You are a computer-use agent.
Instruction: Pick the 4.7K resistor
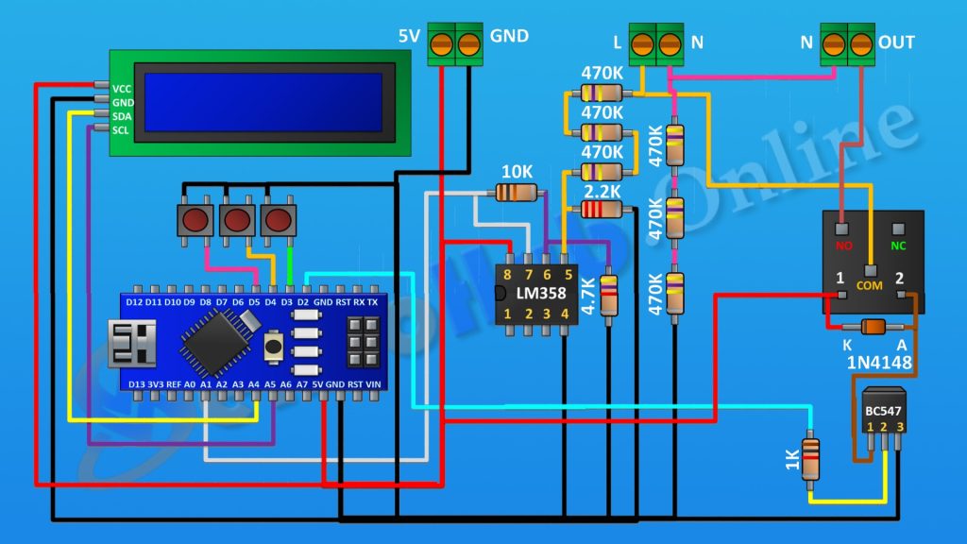609,294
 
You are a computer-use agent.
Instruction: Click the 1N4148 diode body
874,327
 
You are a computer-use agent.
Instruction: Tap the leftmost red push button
195,221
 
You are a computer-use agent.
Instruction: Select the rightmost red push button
278,221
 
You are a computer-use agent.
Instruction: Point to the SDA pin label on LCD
123,116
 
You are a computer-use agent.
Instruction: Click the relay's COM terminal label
869,283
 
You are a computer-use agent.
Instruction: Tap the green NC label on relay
898,246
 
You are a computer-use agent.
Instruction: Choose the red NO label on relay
842,246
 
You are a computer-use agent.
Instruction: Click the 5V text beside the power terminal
409,37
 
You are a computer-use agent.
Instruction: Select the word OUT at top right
895,42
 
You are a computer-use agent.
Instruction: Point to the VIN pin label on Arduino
373,384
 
